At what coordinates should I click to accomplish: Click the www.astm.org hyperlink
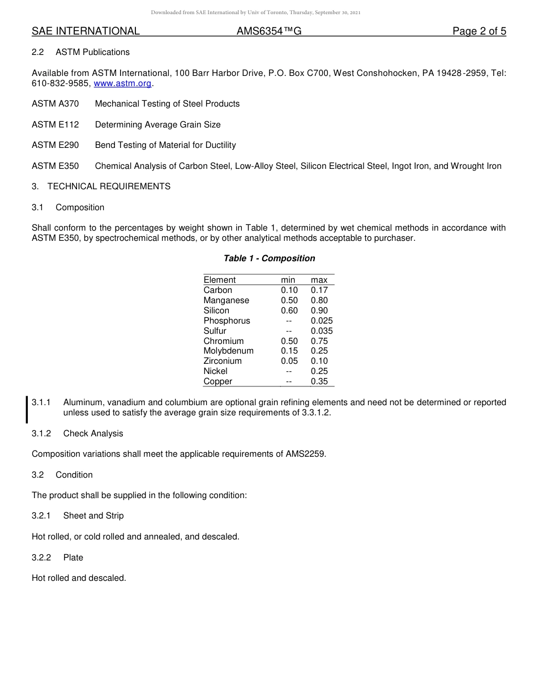pos(122,83)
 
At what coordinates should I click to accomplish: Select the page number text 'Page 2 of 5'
pos(479,31)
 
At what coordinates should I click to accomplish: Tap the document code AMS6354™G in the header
pos(268,31)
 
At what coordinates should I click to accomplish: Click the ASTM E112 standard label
pos(55,125)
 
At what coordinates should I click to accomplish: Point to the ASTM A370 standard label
pos(55,104)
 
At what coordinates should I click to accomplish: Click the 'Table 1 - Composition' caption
pos(269,258)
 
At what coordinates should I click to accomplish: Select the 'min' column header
pos(288,280)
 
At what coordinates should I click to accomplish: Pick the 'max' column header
pos(319,280)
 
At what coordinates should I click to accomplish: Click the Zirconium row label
pos(223,361)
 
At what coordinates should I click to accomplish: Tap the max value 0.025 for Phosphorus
pos(322,321)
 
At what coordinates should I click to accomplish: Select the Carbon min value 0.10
pos(289,290)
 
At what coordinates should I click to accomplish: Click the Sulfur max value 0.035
pos(322,331)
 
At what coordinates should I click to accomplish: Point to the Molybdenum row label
pos(228,351)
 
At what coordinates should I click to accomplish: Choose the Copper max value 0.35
pos(319,381)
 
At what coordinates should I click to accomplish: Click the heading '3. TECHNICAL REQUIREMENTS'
pos(101,186)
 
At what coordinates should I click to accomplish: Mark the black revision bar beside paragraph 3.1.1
pos(27,410)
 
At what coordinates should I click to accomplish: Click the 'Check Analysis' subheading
pos(93,433)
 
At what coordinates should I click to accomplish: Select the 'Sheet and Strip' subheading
pos(93,516)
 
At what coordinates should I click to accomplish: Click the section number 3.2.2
pos(41,558)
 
